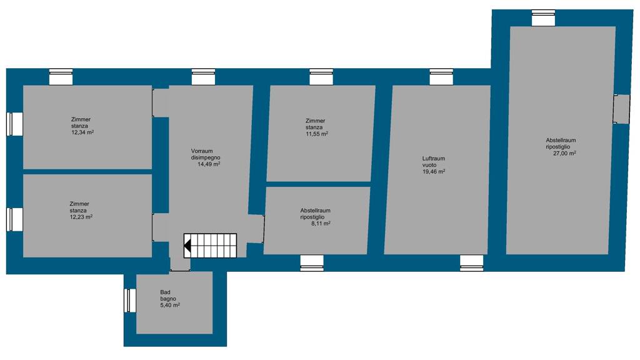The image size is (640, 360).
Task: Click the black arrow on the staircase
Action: point(187,246)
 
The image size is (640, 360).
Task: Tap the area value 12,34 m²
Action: point(83,132)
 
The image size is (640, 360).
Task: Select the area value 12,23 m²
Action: point(81,217)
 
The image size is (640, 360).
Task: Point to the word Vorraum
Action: point(202,151)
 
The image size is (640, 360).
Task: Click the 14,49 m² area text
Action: point(209,164)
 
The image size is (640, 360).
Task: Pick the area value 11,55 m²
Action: point(317,134)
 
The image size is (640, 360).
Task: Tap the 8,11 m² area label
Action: point(321,224)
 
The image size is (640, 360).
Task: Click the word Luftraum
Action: point(434,159)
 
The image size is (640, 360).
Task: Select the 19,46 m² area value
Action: point(434,172)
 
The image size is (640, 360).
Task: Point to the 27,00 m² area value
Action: point(564,154)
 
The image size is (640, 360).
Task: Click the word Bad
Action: point(165,292)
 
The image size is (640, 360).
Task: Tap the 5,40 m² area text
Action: point(170,305)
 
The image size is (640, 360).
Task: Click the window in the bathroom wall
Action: point(130,301)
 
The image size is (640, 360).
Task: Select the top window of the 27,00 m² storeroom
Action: point(543,18)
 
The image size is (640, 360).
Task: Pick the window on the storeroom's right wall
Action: point(622,109)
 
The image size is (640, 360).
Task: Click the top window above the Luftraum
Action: point(441,77)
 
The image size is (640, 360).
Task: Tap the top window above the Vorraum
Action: point(203,77)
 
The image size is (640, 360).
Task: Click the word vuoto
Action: point(429,165)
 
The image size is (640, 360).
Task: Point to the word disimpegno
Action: point(206,157)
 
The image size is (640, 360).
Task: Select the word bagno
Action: point(168,299)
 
